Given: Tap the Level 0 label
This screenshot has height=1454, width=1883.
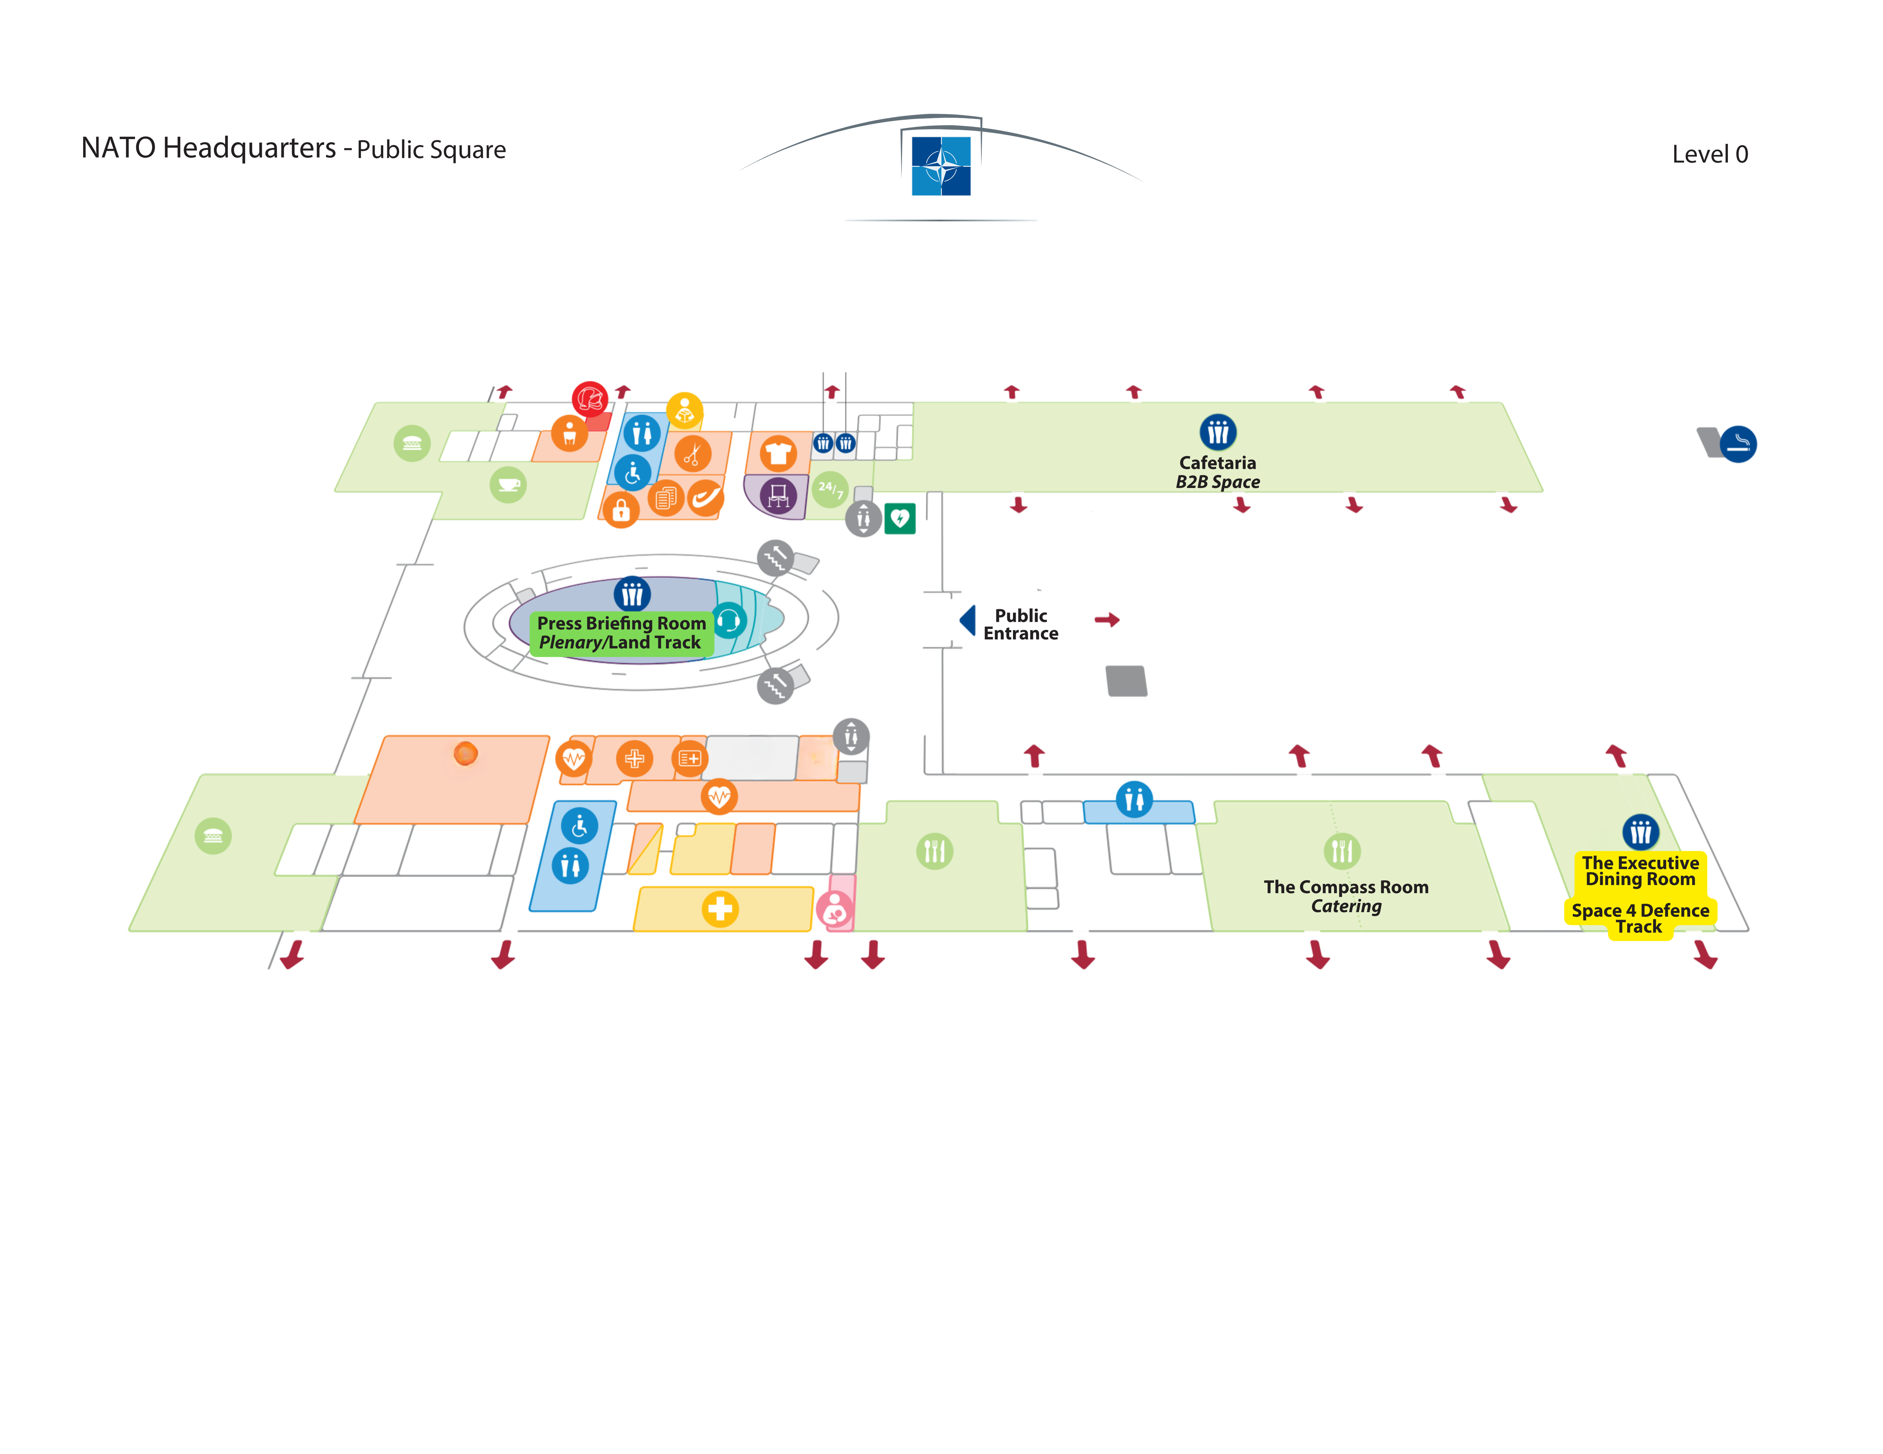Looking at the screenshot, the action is [x=1710, y=154].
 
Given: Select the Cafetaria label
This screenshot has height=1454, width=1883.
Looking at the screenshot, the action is [x=1217, y=463].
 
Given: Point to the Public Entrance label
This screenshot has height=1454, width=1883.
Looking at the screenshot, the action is [x=1021, y=624].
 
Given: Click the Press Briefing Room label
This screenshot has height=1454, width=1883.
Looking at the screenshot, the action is [x=622, y=622].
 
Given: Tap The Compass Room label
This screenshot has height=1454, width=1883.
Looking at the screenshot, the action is [x=1346, y=887].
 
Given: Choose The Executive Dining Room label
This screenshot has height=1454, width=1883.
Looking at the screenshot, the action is [x=1640, y=870].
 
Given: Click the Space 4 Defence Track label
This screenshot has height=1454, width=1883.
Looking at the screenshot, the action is [x=1640, y=918].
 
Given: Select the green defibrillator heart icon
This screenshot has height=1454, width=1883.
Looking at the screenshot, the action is [x=900, y=518].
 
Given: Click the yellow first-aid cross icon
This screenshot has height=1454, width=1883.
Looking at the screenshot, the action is [x=720, y=908].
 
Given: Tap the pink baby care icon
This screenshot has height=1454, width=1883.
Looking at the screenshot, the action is [x=835, y=909].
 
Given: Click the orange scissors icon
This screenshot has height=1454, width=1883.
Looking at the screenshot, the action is [x=692, y=453].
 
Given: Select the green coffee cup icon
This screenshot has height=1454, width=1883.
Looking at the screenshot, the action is [x=508, y=484].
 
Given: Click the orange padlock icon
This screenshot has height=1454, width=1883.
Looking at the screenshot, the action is [x=621, y=510].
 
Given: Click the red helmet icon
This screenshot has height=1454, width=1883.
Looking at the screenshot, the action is [x=590, y=399].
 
